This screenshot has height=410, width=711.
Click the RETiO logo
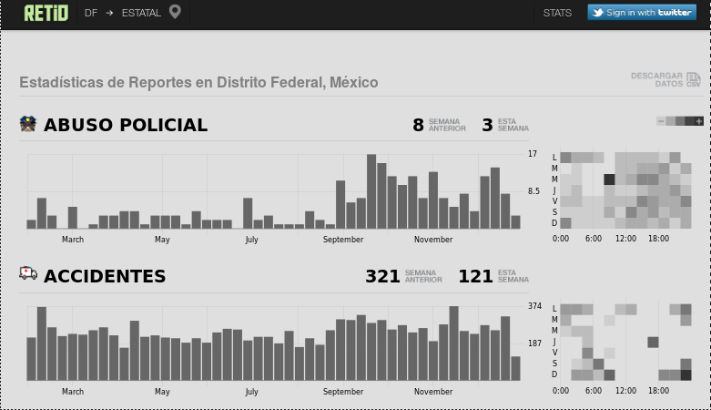[x=46, y=13]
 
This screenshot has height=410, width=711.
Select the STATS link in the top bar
[x=557, y=13]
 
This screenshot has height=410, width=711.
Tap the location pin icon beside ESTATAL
[x=175, y=12]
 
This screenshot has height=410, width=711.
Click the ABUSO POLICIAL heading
[x=126, y=126]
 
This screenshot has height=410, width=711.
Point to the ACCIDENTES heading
[x=105, y=276]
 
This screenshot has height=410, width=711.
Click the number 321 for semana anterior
[x=382, y=276]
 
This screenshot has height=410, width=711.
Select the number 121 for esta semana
[x=475, y=276]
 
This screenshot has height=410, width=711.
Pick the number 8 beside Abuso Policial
[x=418, y=126]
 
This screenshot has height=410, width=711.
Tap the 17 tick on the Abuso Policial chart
[x=533, y=154]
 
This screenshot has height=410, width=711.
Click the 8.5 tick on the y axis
[x=533, y=191]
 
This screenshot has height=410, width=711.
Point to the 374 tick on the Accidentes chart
[x=534, y=306]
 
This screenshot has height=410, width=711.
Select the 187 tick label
[x=534, y=343]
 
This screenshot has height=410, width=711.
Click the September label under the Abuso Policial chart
[x=343, y=240]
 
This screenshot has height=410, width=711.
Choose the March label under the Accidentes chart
[x=73, y=392]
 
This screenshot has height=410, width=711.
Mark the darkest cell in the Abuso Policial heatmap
[x=609, y=179]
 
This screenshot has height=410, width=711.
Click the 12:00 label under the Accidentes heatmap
[x=625, y=391]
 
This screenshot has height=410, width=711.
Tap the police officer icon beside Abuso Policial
[x=28, y=124]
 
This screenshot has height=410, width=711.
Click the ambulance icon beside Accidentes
[x=28, y=273]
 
